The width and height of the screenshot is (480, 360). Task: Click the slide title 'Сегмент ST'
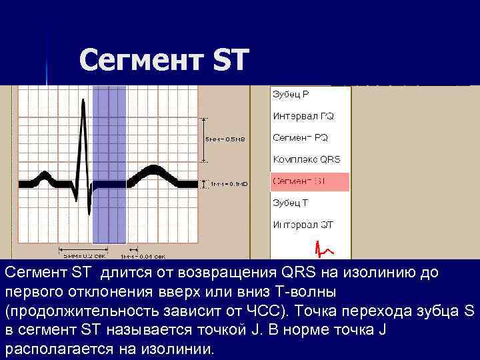tap(164, 61)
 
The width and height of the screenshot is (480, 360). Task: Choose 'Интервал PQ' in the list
tap(303, 116)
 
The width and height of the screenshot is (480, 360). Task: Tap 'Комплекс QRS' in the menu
tap(306, 160)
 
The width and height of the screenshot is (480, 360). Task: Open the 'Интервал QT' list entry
tap(303, 225)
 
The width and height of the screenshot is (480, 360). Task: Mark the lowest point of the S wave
tap(89, 213)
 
